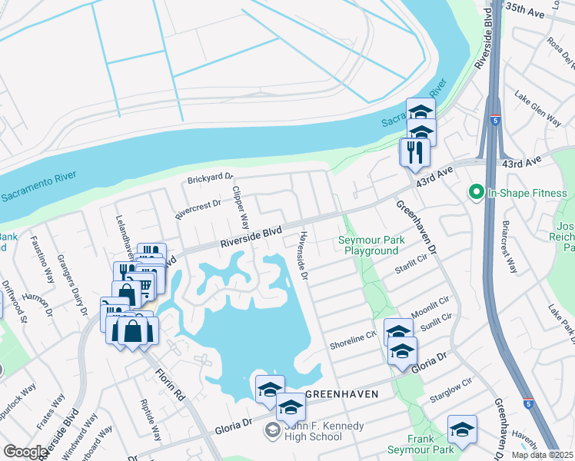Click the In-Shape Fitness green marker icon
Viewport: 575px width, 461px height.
click(477, 192)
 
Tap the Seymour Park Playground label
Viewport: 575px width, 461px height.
click(371, 246)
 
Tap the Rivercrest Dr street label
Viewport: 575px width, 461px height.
click(198, 209)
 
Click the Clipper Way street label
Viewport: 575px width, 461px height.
click(241, 207)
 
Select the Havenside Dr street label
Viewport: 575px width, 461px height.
click(303, 254)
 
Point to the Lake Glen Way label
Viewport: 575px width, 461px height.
click(537, 106)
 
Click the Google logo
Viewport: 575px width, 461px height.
click(25, 452)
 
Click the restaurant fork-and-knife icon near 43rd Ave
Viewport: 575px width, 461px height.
click(412, 151)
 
